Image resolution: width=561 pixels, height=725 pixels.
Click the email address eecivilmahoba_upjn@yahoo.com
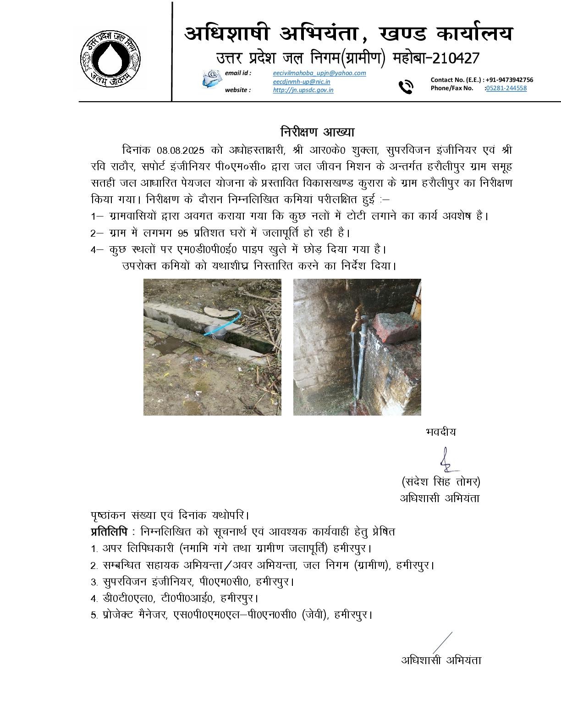tap(319, 73)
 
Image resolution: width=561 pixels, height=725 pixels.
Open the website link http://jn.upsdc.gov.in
tap(303, 90)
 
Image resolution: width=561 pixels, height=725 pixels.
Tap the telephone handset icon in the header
tap(406, 87)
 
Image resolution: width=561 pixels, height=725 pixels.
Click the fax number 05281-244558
tap(506, 88)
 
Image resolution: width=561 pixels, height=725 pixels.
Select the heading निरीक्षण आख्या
tap(317, 132)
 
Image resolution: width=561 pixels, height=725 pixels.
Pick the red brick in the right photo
tap(395, 327)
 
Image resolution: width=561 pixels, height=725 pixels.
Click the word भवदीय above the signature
tap(440, 432)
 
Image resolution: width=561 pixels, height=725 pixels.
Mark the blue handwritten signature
tap(446, 460)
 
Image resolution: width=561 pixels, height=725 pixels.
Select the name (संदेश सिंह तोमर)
tap(440, 482)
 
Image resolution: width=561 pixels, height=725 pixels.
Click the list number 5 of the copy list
tap(93, 615)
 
